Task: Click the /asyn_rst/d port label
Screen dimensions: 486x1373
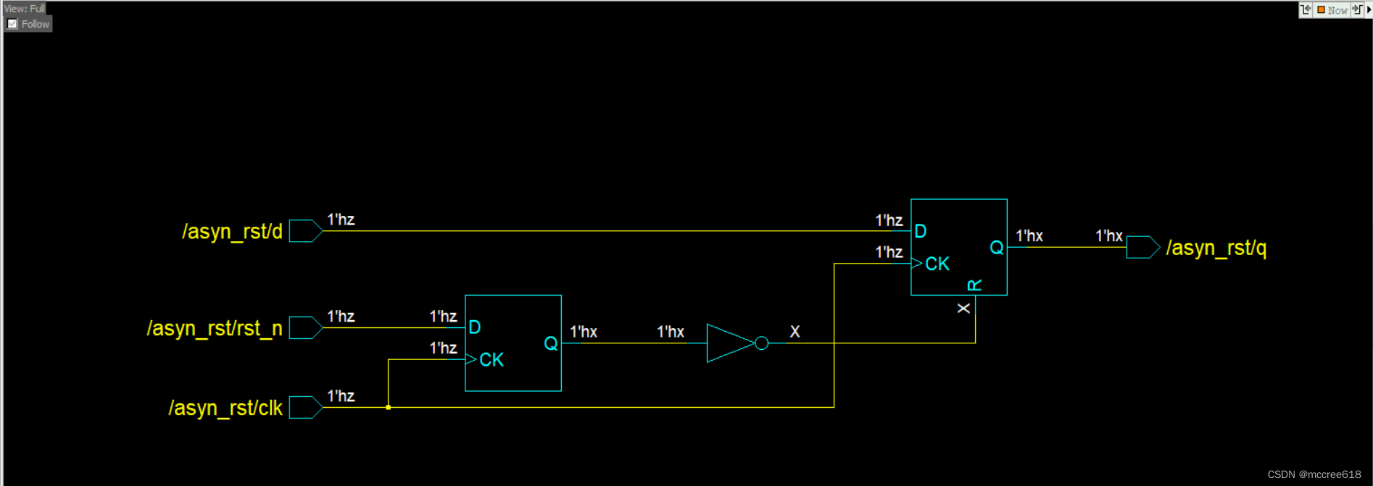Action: coord(232,232)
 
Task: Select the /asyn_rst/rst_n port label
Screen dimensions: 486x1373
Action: coord(215,329)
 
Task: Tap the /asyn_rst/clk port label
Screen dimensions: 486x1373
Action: coord(225,409)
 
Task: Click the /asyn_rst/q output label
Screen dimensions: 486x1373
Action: coord(1216,248)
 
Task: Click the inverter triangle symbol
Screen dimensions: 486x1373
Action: coord(728,343)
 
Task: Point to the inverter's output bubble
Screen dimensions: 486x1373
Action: coord(761,343)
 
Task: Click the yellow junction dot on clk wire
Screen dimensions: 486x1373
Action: coord(389,408)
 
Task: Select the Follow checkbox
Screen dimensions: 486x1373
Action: coord(12,24)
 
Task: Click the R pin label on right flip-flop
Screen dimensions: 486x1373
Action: coord(975,285)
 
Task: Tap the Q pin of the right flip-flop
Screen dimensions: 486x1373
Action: coord(997,248)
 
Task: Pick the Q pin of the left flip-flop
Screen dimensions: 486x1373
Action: coord(551,343)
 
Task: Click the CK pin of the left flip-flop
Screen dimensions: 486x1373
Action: coord(491,360)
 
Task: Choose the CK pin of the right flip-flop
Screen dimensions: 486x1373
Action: coord(937,264)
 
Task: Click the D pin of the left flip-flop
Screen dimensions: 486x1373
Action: coord(475,327)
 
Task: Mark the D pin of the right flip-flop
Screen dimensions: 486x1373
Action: coord(921,232)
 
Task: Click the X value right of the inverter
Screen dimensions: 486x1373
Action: coord(795,332)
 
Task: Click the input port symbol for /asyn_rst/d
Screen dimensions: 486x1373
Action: coord(305,231)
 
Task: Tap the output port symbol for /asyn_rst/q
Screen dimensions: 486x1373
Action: coord(1142,247)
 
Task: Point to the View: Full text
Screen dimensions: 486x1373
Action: coord(25,9)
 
